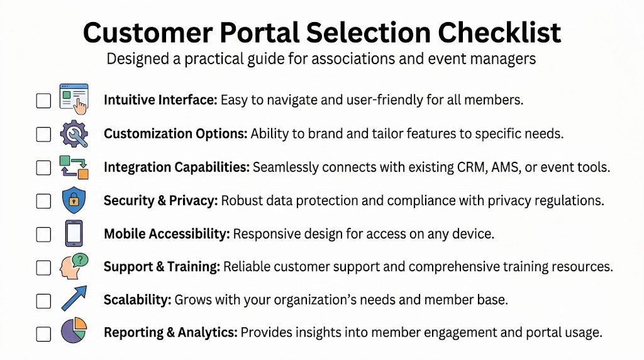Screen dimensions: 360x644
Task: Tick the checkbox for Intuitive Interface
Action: [43, 101]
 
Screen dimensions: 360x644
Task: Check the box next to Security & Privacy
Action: [43, 201]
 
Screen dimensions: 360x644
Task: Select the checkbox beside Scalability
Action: [43, 301]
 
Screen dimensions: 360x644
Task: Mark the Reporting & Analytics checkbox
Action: [43, 334]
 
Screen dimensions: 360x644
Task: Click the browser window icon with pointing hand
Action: [74, 99]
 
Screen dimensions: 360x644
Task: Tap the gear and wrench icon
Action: [74, 133]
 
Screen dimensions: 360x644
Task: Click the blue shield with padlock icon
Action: [74, 200]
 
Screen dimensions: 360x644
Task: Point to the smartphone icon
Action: [74, 233]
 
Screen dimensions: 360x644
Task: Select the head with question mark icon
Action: [74, 267]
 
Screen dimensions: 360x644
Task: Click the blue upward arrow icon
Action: [74, 299]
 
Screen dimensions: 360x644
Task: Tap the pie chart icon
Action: [74, 332]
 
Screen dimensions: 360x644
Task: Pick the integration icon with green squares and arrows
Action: [74, 167]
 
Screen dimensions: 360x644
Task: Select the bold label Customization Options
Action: [175, 133]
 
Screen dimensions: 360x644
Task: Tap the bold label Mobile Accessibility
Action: [167, 234]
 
